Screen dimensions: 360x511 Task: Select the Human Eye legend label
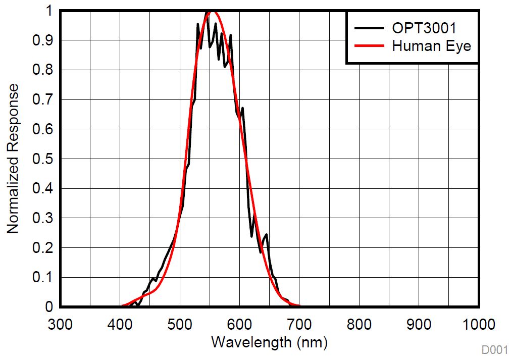pyautogui.click(x=431, y=46)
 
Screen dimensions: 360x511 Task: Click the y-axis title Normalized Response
pyautogui.click(x=13, y=159)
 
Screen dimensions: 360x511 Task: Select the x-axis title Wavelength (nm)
pyautogui.click(x=270, y=342)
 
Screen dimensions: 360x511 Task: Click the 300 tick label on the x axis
pyautogui.click(x=60, y=324)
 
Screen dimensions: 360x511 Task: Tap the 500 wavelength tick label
pyautogui.click(x=180, y=324)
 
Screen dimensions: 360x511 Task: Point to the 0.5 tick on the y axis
pyautogui.click(x=43, y=159)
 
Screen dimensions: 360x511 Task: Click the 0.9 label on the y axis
pyautogui.click(x=43, y=40)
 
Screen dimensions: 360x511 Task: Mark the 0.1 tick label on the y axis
pyautogui.click(x=43, y=278)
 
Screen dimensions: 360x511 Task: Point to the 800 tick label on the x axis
pyautogui.click(x=360, y=324)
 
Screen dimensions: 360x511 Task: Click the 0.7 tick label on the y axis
pyautogui.click(x=43, y=100)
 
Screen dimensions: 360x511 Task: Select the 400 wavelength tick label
pyautogui.click(x=120, y=324)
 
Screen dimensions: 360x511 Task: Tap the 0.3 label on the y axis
pyautogui.click(x=43, y=219)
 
